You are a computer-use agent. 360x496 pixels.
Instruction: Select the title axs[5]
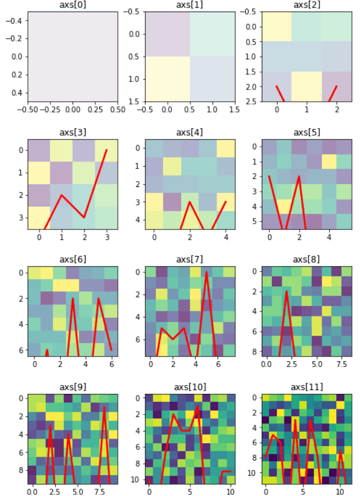[x=306, y=132]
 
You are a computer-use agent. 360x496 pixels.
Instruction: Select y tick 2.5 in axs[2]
[x=251, y=102]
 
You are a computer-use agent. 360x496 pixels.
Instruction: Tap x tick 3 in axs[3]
[x=106, y=237]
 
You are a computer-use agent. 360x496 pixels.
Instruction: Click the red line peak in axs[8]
[x=286, y=291]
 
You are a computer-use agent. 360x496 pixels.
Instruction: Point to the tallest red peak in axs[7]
[x=206, y=272]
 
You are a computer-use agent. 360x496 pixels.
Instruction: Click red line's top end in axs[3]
[x=106, y=150]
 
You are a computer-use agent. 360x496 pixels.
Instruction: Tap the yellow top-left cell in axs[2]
[x=276, y=26]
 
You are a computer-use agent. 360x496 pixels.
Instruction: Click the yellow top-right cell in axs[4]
[x=225, y=149]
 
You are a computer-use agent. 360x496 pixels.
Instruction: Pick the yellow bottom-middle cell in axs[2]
[x=306, y=87]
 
